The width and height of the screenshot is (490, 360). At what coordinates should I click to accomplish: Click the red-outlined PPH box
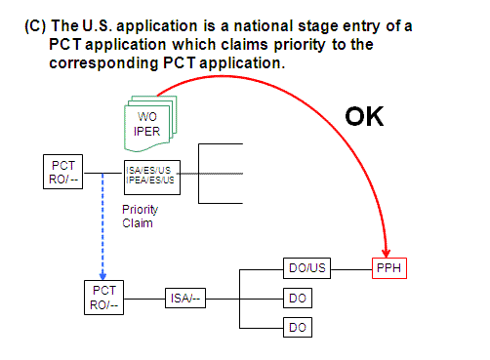coord(390,268)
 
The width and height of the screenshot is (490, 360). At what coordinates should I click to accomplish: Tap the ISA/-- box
coord(185,298)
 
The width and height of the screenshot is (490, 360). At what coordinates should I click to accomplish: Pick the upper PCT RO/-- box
coord(62,172)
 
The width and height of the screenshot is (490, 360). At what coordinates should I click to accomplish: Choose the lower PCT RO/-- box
coord(104,298)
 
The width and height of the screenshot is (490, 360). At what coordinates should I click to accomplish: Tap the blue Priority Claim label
coord(140,216)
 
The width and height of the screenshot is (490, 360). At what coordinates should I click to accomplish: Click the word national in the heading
coord(239,27)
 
